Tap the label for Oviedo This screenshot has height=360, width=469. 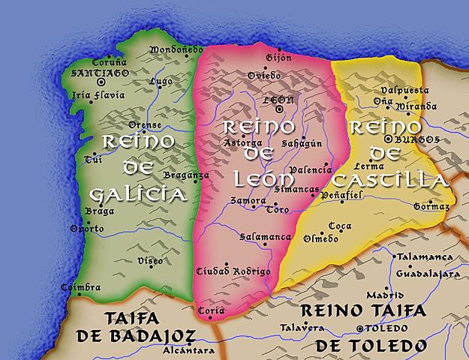pos(263,76)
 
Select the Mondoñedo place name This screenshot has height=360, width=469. pos(176,49)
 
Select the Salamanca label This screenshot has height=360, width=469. pos(265,237)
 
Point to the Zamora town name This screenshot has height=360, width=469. pos(248,201)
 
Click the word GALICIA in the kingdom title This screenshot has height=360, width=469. pos(137,195)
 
